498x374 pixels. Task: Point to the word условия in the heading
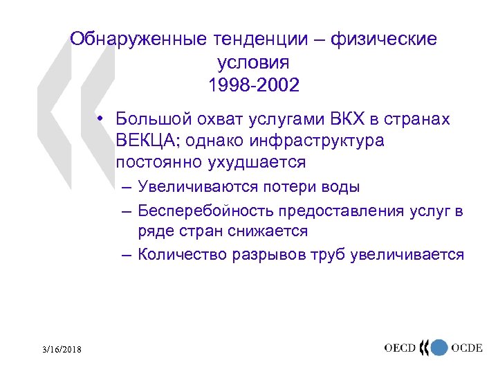point(253,63)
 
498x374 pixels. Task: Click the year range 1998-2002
point(253,87)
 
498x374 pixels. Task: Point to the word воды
point(342,187)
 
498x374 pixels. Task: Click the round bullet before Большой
point(100,118)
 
